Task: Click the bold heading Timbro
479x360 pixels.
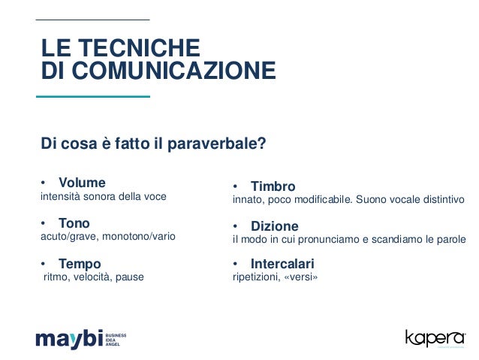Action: (273, 186)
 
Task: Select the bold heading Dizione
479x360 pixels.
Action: (274, 226)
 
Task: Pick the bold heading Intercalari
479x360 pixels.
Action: (282, 264)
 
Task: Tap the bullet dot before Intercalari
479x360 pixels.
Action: (236, 265)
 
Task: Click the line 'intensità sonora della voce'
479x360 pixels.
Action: (103, 197)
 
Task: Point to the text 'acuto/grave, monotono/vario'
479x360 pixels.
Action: (107, 237)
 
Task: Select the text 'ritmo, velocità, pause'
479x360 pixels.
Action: (94, 277)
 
